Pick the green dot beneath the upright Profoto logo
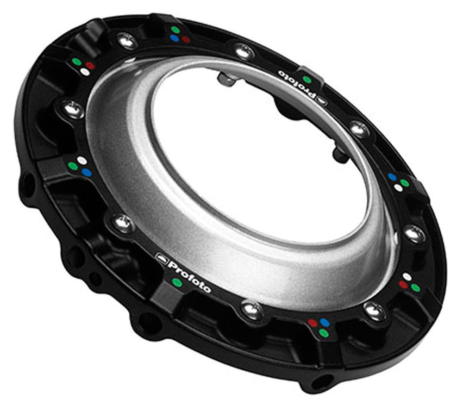point(176,282)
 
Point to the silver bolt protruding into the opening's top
point(226,80)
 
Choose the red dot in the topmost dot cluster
point(186,39)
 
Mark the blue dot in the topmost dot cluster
point(175,38)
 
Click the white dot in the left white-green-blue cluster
point(82,161)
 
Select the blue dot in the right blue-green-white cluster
point(393,176)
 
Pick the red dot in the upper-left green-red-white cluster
point(90,66)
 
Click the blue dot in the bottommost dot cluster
point(325,321)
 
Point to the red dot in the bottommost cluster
point(313,323)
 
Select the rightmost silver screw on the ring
point(415,234)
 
